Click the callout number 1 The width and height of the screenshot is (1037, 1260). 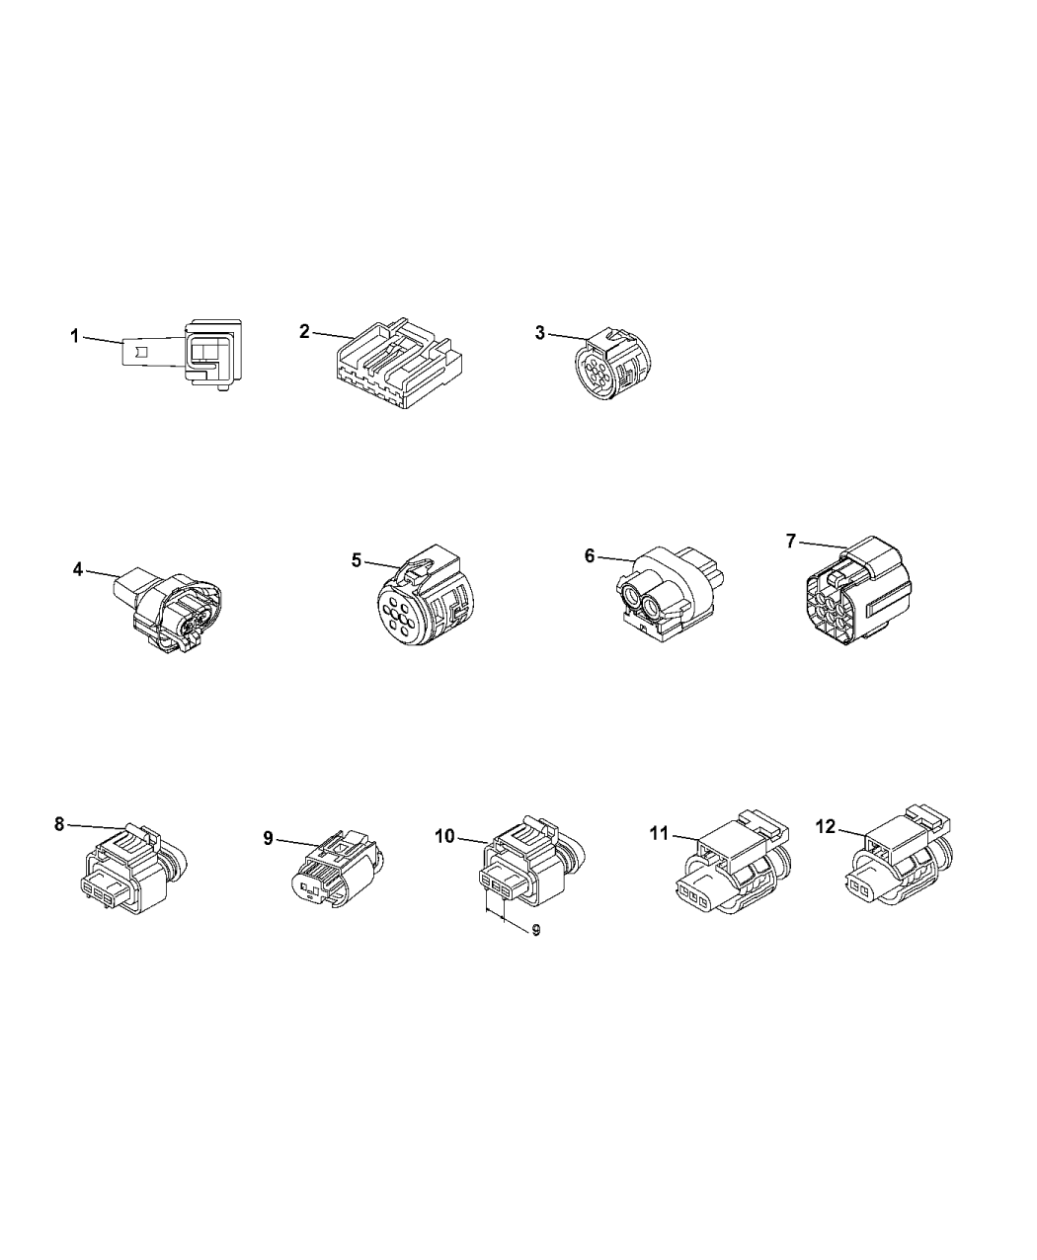pyautogui.click(x=74, y=336)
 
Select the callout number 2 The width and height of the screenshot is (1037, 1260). pyautogui.click(x=304, y=331)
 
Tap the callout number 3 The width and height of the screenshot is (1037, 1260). pyautogui.click(x=540, y=332)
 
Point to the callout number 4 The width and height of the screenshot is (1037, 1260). pyautogui.click(x=78, y=569)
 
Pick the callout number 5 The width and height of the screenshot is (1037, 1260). pyautogui.click(x=357, y=560)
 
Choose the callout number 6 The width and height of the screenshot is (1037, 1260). pyautogui.click(x=590, y=555)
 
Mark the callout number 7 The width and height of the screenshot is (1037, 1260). pyautogui.click(x=791, y=542)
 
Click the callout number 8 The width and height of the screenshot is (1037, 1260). pyautogui.click(x=59, y=824)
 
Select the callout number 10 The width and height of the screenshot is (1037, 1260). pyautogui.click(x=444, y=836)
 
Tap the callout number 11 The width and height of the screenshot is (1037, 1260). pyautogui.click(x=660, y=833)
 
